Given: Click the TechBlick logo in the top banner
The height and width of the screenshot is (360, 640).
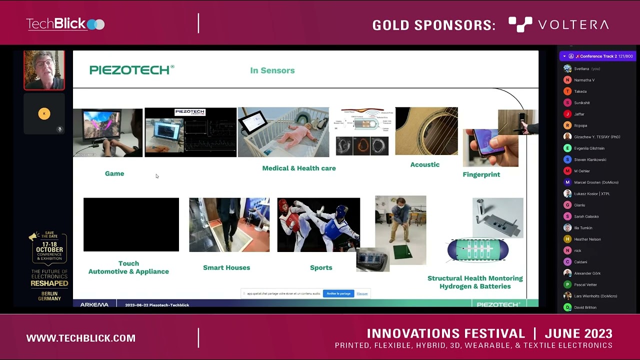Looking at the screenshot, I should click(65, 24).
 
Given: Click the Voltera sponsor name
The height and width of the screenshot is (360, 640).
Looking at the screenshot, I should click(558, 24).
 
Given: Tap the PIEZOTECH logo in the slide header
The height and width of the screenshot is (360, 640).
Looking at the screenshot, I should click(131, 70).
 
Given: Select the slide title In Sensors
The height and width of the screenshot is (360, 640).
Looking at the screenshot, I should click(272, 70).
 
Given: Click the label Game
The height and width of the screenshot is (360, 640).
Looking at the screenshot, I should click(114, 173).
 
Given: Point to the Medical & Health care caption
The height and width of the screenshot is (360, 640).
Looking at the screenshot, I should click(298, 168).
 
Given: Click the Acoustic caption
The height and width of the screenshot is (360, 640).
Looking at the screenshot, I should click(424, 164).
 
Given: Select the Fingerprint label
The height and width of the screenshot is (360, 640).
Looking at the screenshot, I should click(481, 174).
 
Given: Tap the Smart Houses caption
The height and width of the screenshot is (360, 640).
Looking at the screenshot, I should click(226, 267).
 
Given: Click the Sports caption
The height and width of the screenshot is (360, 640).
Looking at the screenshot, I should click(321, 267).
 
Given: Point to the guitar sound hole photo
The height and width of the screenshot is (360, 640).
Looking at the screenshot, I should click(426, 131).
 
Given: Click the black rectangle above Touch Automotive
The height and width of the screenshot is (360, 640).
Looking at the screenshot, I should click(131, 224).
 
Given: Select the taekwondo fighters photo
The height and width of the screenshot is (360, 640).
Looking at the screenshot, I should click(318, 224).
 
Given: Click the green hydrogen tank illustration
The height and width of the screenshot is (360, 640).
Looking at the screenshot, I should click(477, 249).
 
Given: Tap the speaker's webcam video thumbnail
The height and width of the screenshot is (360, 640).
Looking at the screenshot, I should click(44, 70).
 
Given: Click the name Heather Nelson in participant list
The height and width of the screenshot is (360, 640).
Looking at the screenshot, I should click(587, 239).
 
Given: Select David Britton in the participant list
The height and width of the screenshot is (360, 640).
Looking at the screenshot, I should click(585, 307).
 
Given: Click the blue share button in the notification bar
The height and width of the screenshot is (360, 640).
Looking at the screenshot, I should click(338, 293).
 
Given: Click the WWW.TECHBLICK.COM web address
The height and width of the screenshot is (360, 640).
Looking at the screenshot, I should click(81, 338).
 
